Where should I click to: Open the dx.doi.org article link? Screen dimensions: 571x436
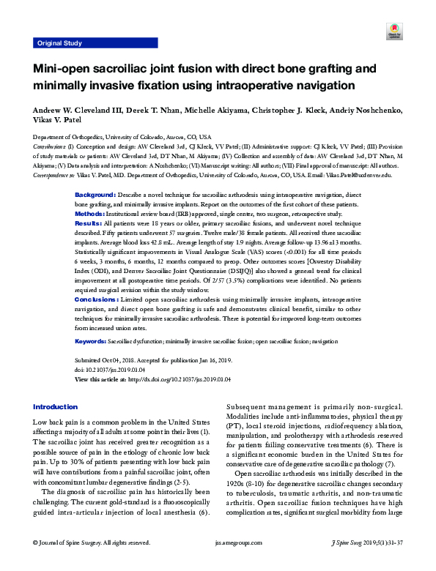(x=179, y=378)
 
